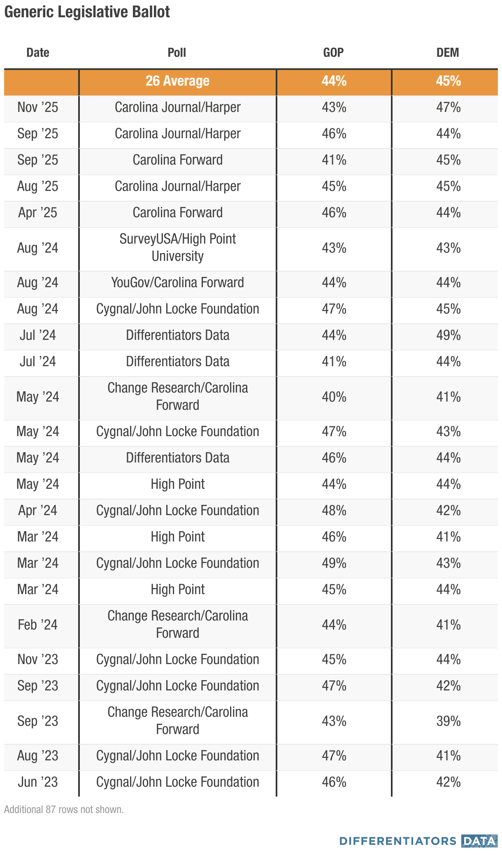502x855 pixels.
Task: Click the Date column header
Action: pos(38,53)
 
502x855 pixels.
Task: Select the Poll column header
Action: pos(177,53)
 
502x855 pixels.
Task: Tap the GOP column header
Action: pos(333,53)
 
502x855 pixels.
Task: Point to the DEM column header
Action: pos(448,53)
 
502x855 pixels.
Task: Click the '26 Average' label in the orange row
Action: pos(177,81)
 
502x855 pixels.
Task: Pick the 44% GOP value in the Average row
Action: pos(334,81)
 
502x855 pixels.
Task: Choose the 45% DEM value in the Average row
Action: pos(448,81)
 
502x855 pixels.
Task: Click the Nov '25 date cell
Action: pos(38,107)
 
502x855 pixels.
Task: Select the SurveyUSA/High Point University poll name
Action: pos(177,247)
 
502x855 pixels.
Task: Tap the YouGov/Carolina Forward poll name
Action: pos(177,283)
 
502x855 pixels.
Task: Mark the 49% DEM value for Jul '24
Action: pos(448,335)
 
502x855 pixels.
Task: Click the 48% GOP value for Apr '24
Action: pos(334,511)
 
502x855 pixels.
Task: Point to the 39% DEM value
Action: pos(448,721)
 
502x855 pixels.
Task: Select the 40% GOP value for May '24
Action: pos(334,397)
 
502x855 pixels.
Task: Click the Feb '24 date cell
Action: pos(38,625)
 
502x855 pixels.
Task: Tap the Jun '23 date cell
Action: pos(38,782)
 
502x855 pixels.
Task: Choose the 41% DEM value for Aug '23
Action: pos(448,756)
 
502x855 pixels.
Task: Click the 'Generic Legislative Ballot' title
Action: pos(87,12)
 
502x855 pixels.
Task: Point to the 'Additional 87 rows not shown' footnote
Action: pos(64,810)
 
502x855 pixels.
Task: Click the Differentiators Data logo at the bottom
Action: pos(418,841)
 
